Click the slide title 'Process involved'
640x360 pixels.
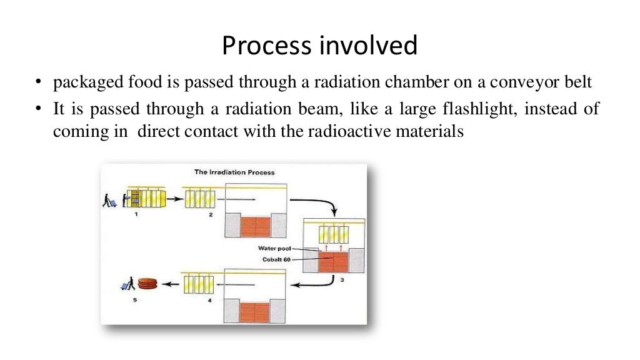pos(319,46)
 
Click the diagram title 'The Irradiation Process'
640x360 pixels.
pos(234,172)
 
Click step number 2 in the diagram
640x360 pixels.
pos(211,214)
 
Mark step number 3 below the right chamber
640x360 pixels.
pos(342,281)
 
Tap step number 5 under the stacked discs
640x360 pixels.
pos(134,300)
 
